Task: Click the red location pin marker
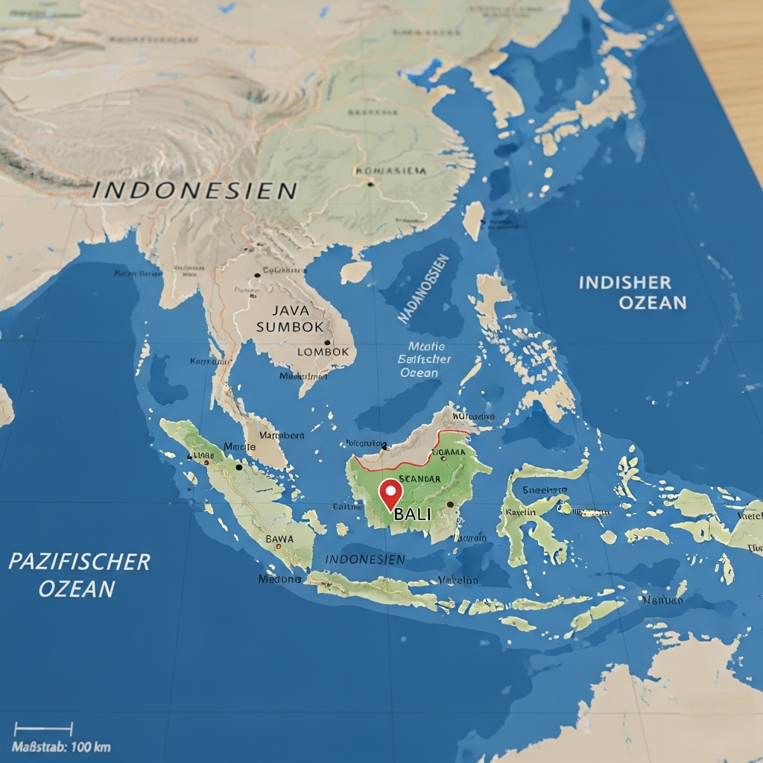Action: click(x=390, y=493)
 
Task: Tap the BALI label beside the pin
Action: click(x=412, y=514)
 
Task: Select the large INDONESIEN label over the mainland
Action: click(x=195, y=190)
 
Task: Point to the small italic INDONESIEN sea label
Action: click(x=365, y=559)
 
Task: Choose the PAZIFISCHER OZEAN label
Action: click(x=78, y=574)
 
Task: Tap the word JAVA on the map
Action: click(x=290, y=310)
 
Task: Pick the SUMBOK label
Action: click(x=290, y=326)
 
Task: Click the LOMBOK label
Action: click(x=323, y=352)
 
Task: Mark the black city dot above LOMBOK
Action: click(x=327, y=343)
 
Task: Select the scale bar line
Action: click(x=43, y=729)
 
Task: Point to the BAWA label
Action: click(x=279, y=539)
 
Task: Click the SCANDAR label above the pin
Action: click(x=420, y=479)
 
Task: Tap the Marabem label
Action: click(x=280, y=434)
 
